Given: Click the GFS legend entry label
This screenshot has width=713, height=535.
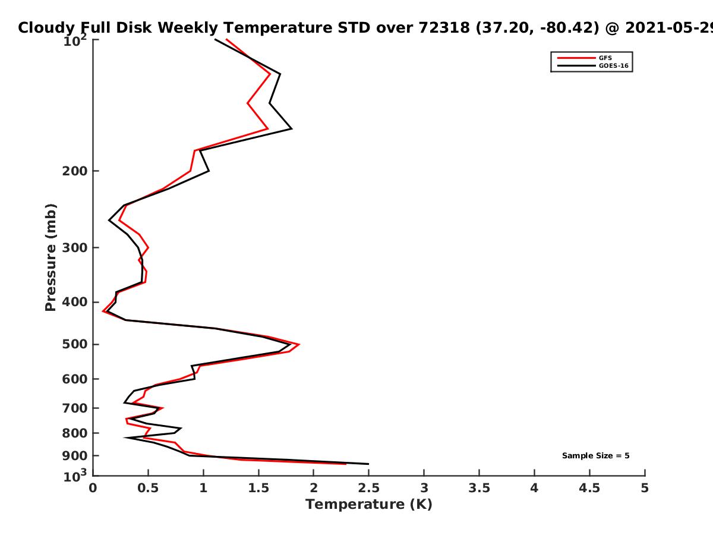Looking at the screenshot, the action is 605,58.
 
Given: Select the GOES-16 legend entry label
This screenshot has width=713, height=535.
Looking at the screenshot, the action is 614,66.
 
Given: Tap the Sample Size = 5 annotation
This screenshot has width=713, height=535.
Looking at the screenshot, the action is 596,456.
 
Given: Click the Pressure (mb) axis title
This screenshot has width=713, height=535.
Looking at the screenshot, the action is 51,257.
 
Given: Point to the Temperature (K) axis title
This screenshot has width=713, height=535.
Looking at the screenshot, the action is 369,505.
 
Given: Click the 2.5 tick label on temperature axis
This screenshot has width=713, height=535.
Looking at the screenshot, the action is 369,488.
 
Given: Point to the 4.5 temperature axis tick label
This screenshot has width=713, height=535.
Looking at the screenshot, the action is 589,488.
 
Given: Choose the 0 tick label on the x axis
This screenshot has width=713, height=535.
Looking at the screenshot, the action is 93,488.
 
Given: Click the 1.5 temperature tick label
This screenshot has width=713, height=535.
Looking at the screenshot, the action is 258,488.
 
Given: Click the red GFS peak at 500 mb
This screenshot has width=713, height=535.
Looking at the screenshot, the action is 299,344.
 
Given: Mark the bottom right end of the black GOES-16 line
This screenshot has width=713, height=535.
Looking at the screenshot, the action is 368,464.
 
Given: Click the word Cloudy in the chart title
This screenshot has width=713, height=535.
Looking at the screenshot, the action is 46,28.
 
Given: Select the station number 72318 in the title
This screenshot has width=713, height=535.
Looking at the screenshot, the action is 444,28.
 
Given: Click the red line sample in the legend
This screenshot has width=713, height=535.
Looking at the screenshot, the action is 576,58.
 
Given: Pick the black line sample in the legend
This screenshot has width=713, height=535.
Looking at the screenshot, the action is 576,66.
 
